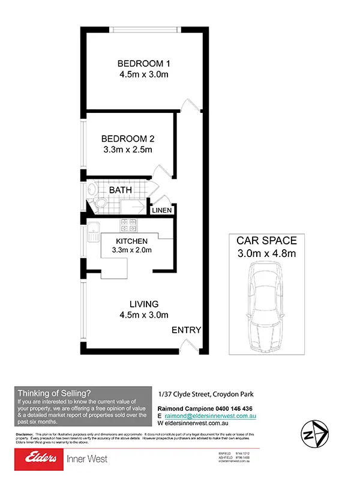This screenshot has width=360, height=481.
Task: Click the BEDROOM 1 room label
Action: [x=143, y=64]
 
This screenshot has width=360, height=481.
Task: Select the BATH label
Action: [x=121, y=190]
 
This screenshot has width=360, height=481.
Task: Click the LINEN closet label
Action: [x=162, y=211]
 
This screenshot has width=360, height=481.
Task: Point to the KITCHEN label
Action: [x=132, y=241]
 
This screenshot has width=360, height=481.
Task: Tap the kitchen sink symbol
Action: [x=94, y=231]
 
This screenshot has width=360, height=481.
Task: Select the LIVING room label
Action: [x=143, y=304]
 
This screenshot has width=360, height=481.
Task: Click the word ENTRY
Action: [x=186, y=330]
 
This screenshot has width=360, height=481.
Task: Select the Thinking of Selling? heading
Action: [x=55, y=393]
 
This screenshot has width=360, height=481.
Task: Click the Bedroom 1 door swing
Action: [x=190, y=104]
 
